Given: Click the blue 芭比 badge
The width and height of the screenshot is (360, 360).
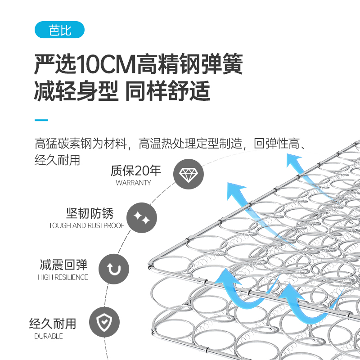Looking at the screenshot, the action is [59, 31].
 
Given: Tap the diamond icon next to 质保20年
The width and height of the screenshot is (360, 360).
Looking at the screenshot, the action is [189, 174].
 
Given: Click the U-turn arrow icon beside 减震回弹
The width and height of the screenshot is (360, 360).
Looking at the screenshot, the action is [114, 269].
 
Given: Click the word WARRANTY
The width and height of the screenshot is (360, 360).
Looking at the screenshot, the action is [133, 183].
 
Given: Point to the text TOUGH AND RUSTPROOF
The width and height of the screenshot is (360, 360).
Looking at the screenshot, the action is [86, 225].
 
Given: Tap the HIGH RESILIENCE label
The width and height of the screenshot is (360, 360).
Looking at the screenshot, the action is [63, 277].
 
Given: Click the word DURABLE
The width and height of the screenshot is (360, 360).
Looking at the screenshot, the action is [49, 336].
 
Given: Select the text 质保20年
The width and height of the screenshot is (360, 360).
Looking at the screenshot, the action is [135, 171].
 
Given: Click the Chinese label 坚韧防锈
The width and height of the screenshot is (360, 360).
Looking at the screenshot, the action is [90, 213].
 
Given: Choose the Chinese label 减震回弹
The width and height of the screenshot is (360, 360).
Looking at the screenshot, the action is [63, 265].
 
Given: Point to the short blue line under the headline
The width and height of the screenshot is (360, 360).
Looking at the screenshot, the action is [41, 120].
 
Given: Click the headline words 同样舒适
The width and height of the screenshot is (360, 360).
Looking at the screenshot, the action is [167, 91].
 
